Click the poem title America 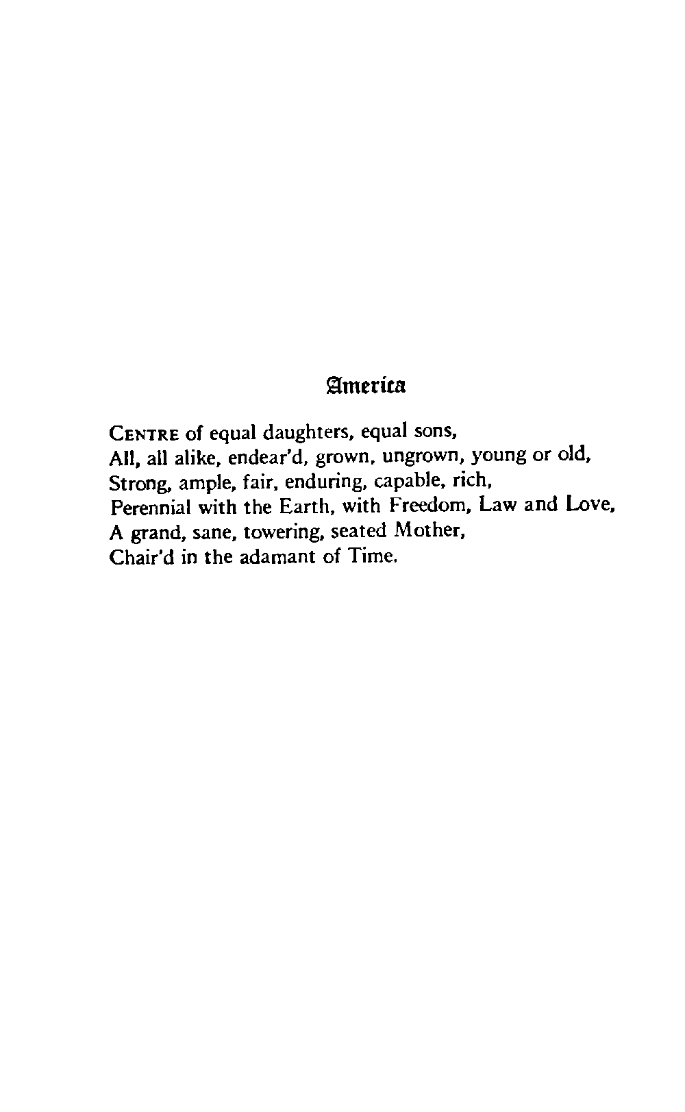pos(366,386)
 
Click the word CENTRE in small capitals pos(144,434)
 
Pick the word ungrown pos(423,457)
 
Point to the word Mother pos(418,531)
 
